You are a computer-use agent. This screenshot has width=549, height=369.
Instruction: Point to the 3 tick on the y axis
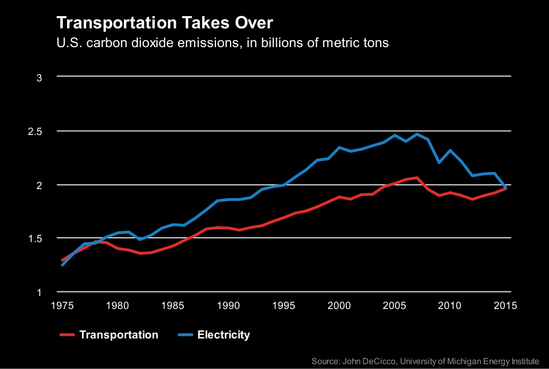tap(39, 78)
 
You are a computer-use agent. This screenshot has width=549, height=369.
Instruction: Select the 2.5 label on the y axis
tap(35, 131)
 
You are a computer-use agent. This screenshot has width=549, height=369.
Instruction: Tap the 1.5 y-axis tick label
tap(35, 238)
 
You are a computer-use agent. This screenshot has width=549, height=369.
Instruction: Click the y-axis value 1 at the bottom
tap(39, 292)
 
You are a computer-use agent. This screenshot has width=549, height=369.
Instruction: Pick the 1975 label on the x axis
tap(62, 306)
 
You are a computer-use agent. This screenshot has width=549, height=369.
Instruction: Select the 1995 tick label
tap(284, 306)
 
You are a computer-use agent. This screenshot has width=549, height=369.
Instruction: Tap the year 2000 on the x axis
tap(339, 306)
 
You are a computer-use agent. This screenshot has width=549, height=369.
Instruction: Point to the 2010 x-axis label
tap(450, 306)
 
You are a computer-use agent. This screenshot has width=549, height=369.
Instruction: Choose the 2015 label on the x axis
tap(505, 306)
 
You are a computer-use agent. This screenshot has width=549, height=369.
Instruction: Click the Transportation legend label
tap(118, 335)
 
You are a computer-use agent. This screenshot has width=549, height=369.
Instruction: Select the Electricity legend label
tap(224, 335)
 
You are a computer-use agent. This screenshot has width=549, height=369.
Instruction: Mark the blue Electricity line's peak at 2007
tap(417, 134)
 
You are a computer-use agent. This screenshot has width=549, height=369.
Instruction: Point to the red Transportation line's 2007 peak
tap(417, 177)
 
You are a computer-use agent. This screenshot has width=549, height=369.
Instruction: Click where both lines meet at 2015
tap(505, 188)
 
